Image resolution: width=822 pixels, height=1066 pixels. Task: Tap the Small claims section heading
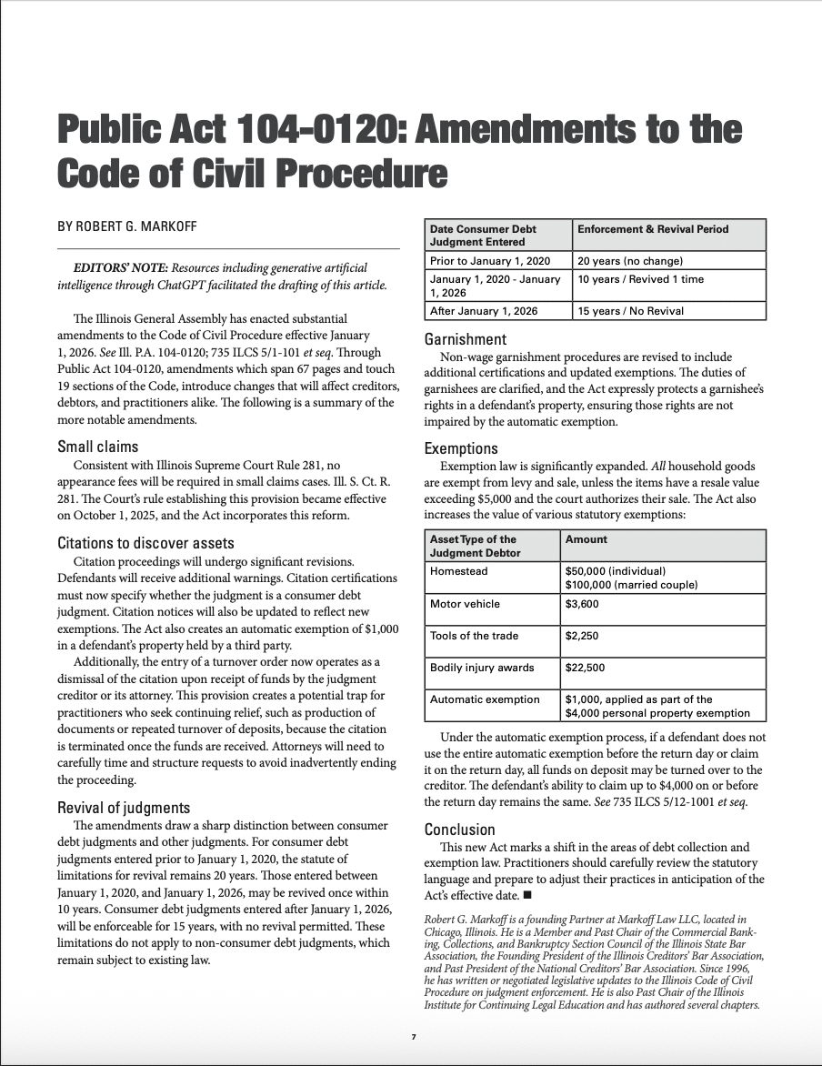[98, 446]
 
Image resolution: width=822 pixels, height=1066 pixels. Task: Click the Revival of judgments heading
[124, 808]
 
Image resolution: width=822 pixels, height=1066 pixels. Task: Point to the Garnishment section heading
[466, 339]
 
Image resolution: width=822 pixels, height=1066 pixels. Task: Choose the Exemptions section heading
[461, 448]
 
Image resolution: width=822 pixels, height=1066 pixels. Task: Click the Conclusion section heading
[460, 830]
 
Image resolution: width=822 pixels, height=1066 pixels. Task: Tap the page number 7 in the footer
[413, 1037]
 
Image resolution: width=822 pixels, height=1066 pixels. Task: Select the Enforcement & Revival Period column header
[653, 229]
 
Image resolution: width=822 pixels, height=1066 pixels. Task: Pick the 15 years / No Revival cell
[631, 311]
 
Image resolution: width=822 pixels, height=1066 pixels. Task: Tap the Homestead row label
[459, 571]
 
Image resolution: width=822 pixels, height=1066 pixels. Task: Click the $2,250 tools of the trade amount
[582, 636]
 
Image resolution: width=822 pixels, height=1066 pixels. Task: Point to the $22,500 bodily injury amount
[586, 668]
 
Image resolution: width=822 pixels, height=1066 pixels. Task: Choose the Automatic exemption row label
[485, 699]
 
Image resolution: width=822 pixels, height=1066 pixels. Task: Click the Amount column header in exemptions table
[586, 539]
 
